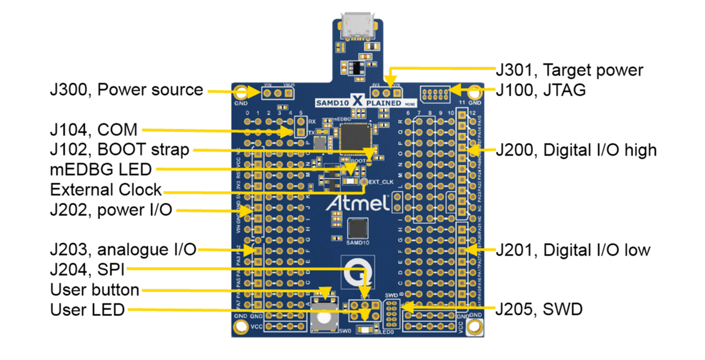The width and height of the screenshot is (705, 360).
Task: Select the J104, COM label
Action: click(x=93, y=130)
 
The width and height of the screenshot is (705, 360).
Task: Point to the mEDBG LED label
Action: click(x=101, y=170)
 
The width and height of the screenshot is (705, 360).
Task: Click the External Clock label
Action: click(x=106, y=190)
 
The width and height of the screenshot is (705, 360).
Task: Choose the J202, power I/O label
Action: click(x=111, y=210)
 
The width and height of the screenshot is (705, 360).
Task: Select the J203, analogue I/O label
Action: click(x=123, y=250)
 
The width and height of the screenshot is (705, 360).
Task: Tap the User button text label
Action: click(x=95, y=290)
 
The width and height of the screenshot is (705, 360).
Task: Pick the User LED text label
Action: click(x=88, y=309)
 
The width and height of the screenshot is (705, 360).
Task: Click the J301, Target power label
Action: click(x=569, y=70)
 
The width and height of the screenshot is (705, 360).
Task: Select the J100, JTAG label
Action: click(x=540, y=91)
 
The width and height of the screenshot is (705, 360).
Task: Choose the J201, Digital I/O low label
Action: click(x=573, y=250)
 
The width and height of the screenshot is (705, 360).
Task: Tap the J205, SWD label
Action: click(x=539, y=309)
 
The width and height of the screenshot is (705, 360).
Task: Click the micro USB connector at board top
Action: click(x=357, y=26)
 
